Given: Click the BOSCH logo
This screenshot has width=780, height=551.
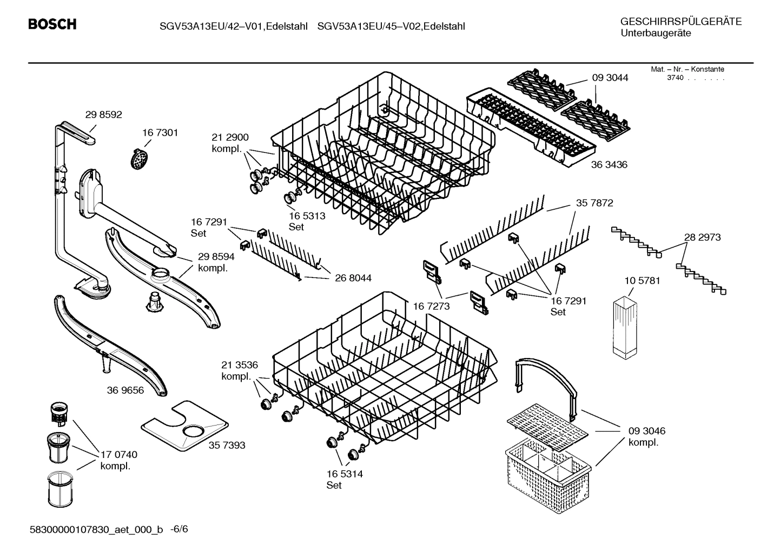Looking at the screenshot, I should coord(52,24).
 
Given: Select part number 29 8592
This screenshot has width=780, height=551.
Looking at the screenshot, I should coord(103,115).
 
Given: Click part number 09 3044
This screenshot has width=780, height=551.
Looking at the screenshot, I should coord(610,78).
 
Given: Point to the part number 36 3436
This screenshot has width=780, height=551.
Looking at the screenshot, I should coord(609,164).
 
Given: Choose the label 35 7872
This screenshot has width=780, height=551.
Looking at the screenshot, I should coord(594,203).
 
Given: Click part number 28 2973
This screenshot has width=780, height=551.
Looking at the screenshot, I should coord(702,237).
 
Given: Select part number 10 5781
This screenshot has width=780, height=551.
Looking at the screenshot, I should coord(642,281).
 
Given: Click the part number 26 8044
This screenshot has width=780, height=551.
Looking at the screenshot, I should coord(353,278).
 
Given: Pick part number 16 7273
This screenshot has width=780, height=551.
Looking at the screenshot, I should coord(431,307).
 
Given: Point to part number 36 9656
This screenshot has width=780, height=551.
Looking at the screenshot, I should coord(125,390).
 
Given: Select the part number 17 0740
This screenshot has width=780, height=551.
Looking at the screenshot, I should coord(119,455).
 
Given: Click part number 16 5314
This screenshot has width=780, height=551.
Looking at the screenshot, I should coord(345,474).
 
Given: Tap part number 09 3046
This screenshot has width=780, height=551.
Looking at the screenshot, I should coord(647,431).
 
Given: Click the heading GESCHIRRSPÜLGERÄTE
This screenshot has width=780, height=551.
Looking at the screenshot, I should coord(681,22).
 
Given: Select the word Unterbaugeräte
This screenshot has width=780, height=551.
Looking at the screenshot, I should coord(655,34).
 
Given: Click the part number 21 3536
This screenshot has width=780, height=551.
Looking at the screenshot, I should coord(240,364).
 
